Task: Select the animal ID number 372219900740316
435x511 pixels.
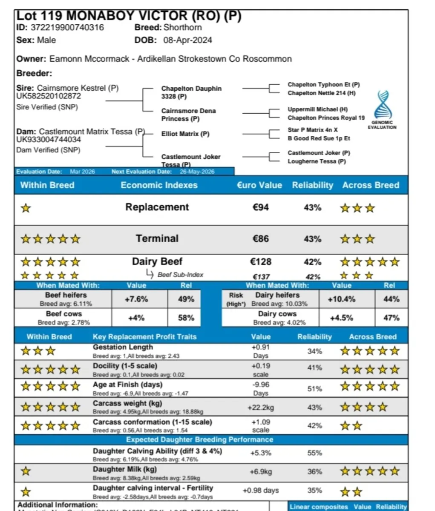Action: click(67, 28)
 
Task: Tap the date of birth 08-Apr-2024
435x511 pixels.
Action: click(187, 40)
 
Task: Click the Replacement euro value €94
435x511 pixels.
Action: click(260, 207)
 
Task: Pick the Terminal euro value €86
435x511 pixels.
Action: click(260, 238)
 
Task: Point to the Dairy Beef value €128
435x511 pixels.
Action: click(260, 262)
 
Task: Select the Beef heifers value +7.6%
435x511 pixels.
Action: click(136, 299)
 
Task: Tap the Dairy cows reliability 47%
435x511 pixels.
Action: click(391, 318)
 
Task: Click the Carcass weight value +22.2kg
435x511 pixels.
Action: click(260, 408)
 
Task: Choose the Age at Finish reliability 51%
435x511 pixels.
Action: click(314, 388)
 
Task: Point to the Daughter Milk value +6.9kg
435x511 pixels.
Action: click(260, 472)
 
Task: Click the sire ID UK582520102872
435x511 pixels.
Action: click(49, 96)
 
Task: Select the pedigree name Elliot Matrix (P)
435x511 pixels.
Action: click(185, 134)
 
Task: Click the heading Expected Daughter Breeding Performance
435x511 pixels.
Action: click(199, 439)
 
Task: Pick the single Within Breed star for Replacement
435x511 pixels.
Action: click(26, 208)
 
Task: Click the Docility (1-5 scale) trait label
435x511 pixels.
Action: click(125, 366)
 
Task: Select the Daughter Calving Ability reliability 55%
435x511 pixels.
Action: click(314, 453)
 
